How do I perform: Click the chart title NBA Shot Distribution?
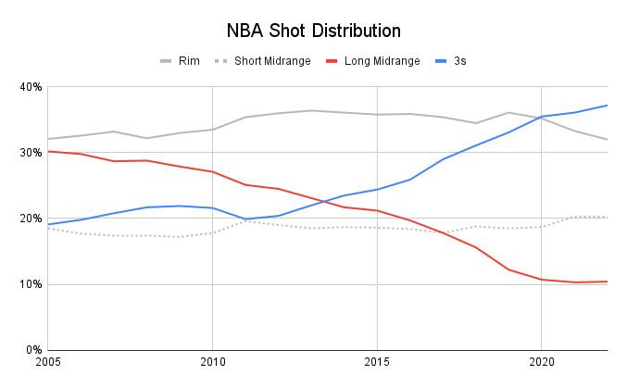point(313,31)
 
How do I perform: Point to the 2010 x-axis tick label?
point(213,362)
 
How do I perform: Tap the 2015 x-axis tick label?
point(377,362)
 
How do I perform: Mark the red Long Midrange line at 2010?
point(213,171)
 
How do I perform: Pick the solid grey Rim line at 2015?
point(377,115)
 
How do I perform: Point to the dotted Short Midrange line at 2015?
point(377,228)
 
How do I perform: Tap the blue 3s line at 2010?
point(213,207)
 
